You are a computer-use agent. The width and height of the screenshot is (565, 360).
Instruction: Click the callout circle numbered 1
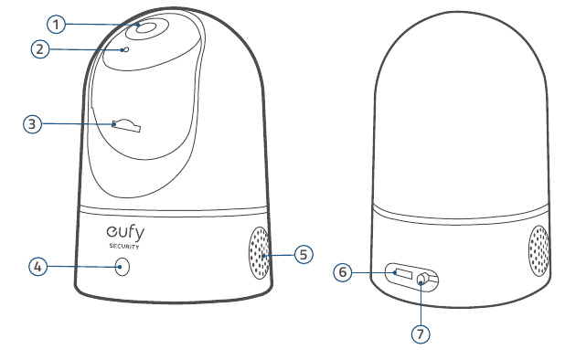coord(56,25)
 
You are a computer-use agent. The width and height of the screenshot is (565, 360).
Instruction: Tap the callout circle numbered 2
coord(40,48)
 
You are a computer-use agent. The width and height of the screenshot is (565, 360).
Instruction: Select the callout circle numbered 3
coord(32,124)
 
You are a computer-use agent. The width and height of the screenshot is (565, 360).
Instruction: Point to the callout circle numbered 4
coord(37,267)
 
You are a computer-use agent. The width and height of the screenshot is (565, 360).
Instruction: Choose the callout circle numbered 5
coord(304,254)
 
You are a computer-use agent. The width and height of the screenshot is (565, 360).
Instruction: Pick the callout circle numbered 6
coord(343,272)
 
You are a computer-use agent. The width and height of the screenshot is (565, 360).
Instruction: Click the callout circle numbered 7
coord(421,334)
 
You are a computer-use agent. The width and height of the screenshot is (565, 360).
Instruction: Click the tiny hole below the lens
coord(126,49)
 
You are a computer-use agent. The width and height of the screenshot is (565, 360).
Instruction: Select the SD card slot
coord(126,126)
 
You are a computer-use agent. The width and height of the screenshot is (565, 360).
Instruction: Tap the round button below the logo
coord(123,267)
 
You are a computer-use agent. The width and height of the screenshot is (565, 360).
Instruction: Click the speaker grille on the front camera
coord(259,252)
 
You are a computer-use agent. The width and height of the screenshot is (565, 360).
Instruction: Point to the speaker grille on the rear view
coord(538,250)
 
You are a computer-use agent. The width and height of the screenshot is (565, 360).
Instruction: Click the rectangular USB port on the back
coord(403,274)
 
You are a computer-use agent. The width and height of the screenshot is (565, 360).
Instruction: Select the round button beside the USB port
coord(423,279)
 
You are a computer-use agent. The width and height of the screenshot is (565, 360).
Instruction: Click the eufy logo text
coord(125,233)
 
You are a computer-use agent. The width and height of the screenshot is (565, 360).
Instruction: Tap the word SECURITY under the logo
coord(124,247)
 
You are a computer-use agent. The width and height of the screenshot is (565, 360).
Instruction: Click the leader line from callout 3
coord(78,124)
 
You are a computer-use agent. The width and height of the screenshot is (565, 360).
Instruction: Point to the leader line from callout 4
coord(83,267)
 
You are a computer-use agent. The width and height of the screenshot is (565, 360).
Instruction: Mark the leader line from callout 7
coord(421,303)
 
